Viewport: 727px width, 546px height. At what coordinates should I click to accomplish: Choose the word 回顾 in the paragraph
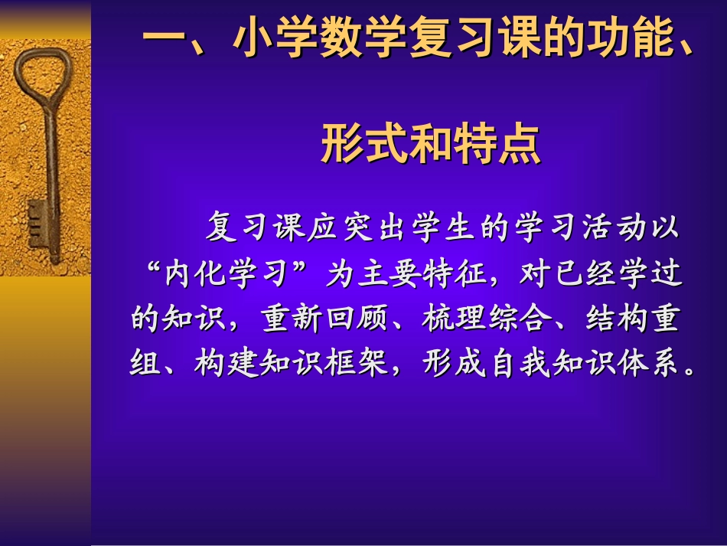click(360, 319)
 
